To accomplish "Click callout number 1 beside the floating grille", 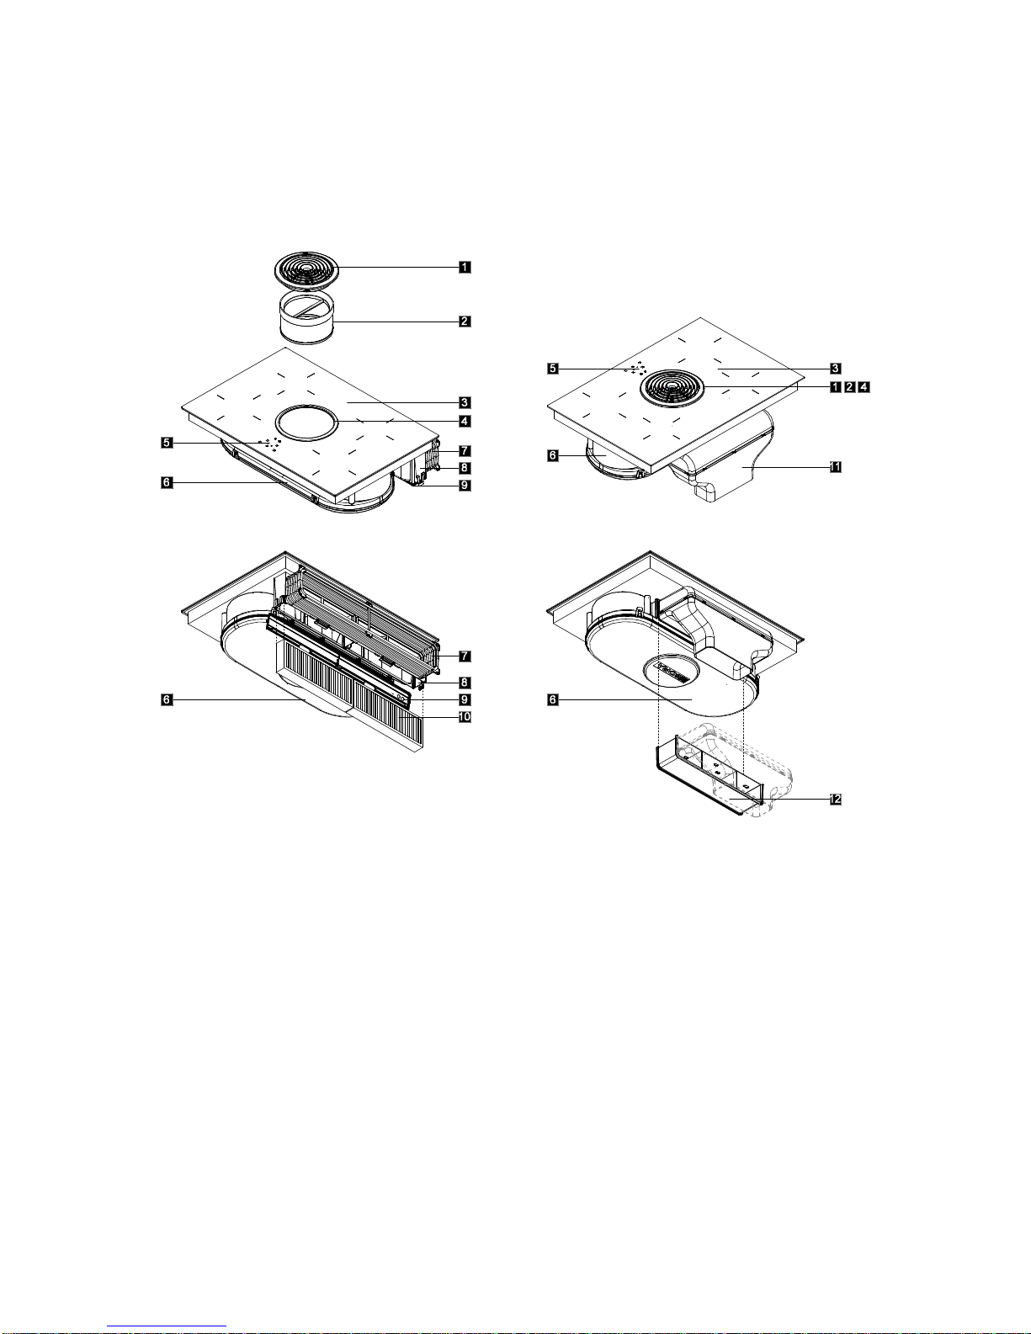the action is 465,267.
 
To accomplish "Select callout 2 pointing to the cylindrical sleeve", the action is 465,321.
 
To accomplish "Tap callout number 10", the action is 465,716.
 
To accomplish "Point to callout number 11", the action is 835,467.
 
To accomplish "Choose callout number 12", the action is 835,800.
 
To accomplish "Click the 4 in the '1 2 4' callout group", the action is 864,387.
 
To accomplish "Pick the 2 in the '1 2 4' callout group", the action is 850,387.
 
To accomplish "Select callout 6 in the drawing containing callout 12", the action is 553,699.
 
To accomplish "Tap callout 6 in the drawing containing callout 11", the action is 553,455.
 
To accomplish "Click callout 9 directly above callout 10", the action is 465,699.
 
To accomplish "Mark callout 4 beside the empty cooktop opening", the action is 465,421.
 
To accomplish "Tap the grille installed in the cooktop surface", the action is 672,387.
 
